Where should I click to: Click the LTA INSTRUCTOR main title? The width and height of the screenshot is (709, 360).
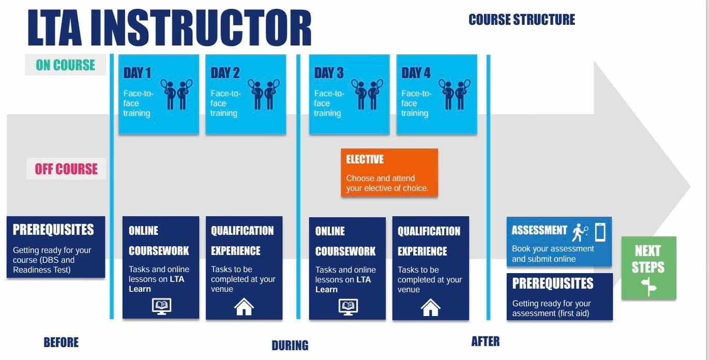coord(169,28)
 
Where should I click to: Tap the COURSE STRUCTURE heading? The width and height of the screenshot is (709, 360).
coord(521,20)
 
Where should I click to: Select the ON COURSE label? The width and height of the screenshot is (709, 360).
coord(66,65)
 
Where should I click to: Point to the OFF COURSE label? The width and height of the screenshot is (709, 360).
coord(66,169)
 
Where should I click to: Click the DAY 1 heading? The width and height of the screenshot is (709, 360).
coord(137,73)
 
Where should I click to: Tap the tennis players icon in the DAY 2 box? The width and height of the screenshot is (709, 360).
coord(264,94)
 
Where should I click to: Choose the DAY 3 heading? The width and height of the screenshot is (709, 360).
coord(328,73)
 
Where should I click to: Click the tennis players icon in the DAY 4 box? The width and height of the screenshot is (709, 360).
coord(455,94)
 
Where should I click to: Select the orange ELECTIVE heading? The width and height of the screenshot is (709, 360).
coord(365,159)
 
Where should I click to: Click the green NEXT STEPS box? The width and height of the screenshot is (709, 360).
coord(648,267)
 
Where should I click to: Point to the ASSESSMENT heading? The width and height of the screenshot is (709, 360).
coord(539,230)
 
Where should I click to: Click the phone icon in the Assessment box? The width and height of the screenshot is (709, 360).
coord(600,231)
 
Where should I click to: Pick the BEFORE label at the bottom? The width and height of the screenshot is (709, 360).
coord(61,342)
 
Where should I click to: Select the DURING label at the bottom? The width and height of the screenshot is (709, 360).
coord(290,345)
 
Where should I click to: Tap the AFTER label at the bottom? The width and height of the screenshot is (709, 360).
coord(485,341)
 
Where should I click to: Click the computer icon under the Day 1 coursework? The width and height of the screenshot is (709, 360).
coord(161,306)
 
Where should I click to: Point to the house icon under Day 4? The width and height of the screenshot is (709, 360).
coord(430,307)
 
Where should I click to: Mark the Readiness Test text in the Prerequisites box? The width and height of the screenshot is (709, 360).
coord(41,269)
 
